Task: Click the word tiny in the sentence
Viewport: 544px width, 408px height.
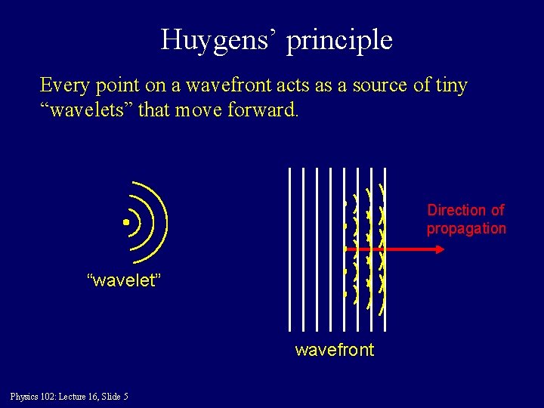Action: point(450,85)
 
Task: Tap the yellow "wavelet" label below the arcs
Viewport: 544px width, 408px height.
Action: point(125,281)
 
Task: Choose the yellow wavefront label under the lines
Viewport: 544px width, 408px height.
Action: point(334,350)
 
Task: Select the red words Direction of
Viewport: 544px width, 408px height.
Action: point(465,210)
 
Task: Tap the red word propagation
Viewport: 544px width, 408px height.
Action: point(465,228)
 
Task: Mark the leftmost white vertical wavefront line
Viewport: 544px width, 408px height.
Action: point(289,249)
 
